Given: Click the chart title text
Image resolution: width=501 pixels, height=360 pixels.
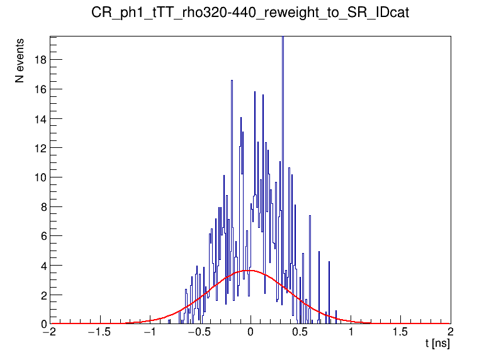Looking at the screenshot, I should [250, 13].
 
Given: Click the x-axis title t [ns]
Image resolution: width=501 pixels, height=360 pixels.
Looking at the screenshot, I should [437, 344].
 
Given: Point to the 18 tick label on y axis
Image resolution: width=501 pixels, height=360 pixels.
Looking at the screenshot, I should [39, 60].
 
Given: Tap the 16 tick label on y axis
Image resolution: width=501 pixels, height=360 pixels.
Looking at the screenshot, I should [39, 89].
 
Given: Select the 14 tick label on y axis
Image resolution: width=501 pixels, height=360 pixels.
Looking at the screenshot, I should [39, 118].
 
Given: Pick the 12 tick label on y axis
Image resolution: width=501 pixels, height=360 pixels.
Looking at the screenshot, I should [39, 148].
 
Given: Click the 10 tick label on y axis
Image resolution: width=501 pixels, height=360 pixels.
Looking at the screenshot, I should [39, 177].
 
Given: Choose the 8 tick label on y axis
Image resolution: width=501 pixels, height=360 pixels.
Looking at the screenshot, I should [42, 206].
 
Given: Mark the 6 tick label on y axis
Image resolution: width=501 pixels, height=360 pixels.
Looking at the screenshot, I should [42, 236].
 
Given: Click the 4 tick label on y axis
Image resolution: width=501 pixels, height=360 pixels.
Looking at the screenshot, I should [42, 266].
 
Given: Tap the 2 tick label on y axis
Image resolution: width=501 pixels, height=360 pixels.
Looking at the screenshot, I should [42, 295].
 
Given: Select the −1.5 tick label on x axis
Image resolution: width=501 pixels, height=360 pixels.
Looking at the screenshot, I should [98, 332].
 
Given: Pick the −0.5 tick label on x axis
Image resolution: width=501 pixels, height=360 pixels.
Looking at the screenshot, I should [198, 332].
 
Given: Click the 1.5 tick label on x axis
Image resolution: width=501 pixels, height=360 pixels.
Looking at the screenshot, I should [400, 332].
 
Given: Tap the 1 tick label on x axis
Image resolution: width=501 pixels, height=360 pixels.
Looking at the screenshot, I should [351, 332].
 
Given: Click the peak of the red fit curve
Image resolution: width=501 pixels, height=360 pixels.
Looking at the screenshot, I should [250, 271].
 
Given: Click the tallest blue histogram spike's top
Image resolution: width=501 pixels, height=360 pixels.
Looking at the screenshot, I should [283, 37].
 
